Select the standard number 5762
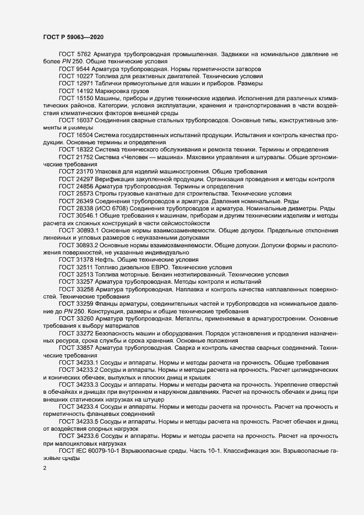(84, 55)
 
